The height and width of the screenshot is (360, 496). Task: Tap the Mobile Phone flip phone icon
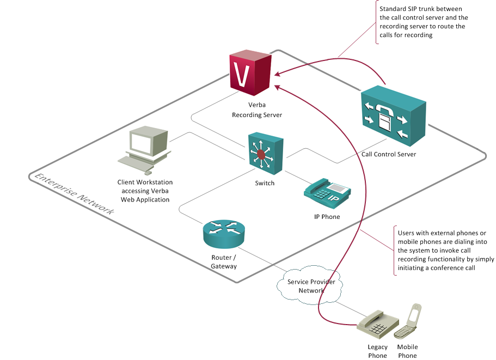tap(408, 322)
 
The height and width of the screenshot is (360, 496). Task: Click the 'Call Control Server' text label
tap(389, 155)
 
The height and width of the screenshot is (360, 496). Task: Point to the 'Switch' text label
tap(265, 183)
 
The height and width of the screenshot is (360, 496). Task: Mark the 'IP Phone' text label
tap(327, 217)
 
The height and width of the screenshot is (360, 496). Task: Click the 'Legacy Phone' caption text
tap(377, 351)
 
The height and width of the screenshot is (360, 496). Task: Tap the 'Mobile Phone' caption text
tap(407, 351)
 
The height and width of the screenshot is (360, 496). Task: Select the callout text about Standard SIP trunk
tap(423, 22)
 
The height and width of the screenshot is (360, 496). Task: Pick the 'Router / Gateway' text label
tap(224, 261)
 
